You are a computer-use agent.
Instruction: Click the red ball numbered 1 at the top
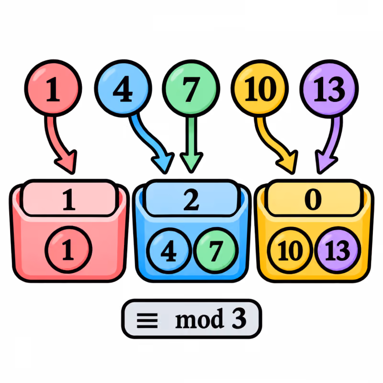click(x=53, y=88)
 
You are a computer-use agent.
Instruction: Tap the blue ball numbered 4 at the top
click(x=123, y=88)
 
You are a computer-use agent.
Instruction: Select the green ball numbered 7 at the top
click(x=191, y=89)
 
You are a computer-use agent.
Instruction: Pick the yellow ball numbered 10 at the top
click(x=259, y=88)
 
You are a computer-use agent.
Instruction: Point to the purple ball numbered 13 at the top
click(x=329, y=89)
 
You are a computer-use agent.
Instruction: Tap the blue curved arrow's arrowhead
click(x=163, y=163)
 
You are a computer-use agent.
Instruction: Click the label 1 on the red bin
click(x=69, y=200)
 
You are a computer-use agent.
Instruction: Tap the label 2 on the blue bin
click(x=191, y=200)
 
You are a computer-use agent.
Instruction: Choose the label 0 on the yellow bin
click(x=313, y=200)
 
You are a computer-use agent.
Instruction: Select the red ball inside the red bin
click(x=68, y=249)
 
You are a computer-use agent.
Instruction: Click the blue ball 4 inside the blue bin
click(x=169, y=250)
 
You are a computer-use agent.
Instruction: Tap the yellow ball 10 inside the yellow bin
click(x=290, y=250)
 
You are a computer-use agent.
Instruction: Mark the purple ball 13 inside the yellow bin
click(x=338, y=250)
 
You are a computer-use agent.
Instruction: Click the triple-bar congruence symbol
click(x=147, y=320)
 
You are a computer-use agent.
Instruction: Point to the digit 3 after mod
click(x=239, y=318)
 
